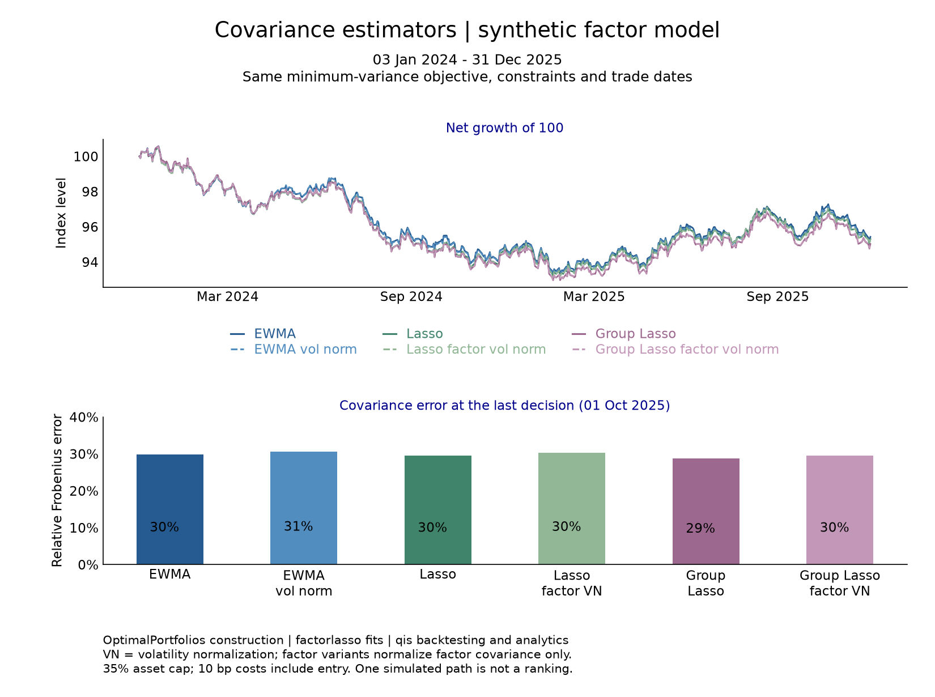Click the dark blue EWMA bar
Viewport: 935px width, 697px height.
(169, 509)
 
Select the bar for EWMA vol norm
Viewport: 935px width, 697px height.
(303, 508)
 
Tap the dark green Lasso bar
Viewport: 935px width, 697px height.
(437, 510)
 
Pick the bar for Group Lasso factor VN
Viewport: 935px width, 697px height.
(839, 510)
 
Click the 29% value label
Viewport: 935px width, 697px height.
(700, 528)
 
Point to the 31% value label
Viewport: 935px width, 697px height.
(298, 526)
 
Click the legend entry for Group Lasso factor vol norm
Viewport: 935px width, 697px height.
(675, 350)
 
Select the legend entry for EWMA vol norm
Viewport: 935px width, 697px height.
(293, 350)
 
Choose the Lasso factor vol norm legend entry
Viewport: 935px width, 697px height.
(464, 350)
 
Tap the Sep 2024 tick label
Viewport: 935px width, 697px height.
(411, 297)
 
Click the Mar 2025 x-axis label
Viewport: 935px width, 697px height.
(594, 297)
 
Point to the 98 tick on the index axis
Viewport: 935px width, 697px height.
(90, 192)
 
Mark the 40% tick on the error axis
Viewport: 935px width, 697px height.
(84, 417)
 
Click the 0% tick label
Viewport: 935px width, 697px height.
(88, 565)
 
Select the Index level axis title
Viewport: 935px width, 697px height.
(61, 213)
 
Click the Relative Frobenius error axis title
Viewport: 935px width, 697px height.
(57, 491)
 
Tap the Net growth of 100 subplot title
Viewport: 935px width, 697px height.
(504, 127)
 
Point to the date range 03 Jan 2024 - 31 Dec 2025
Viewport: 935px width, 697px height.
(467, 59)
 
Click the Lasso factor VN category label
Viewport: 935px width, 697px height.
(572, 583)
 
